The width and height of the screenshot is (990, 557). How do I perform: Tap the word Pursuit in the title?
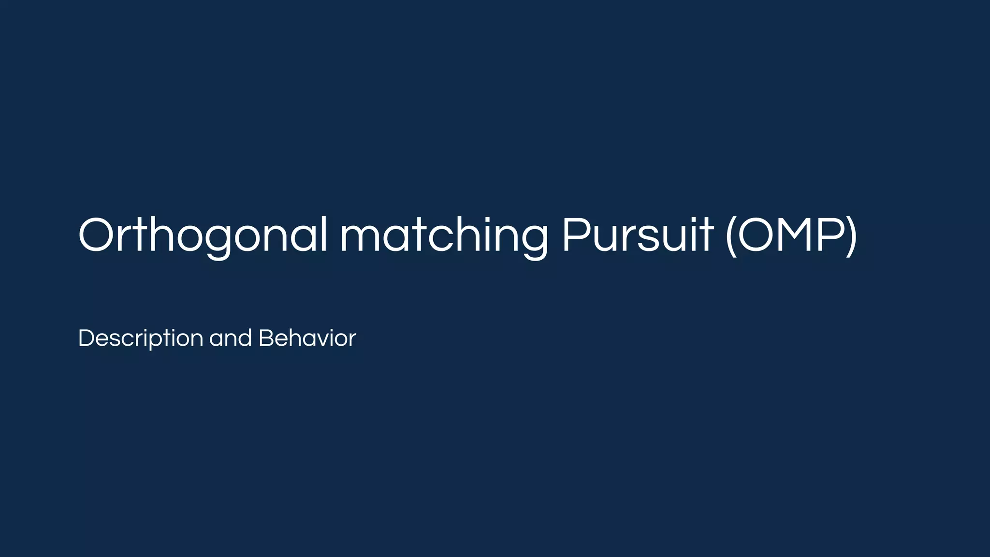coord(637,235)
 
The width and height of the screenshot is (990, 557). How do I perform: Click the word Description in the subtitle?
coord(140,338)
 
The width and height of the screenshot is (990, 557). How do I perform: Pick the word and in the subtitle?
coord(231,338)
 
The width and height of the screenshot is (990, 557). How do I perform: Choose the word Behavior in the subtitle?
coord(307,338)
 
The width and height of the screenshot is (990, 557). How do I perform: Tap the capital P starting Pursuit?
coord(576,235)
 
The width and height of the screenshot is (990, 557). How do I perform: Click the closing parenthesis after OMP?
coord(852,236)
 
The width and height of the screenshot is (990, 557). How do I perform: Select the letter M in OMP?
coord(798,235)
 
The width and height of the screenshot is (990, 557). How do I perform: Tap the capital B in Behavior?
coord(266,337)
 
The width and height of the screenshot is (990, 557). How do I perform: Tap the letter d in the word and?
coord(245,337)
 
